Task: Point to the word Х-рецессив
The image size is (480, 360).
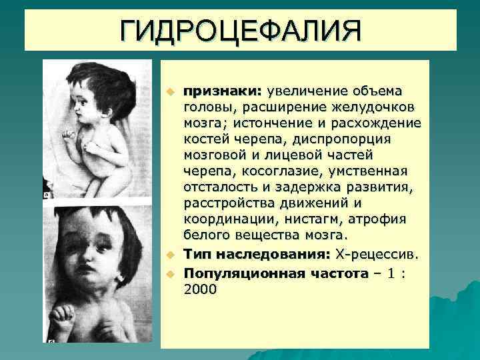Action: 377,254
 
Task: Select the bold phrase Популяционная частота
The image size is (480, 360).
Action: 276,273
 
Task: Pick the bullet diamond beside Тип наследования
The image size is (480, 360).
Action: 170,255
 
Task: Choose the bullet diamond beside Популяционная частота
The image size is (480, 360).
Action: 170,274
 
